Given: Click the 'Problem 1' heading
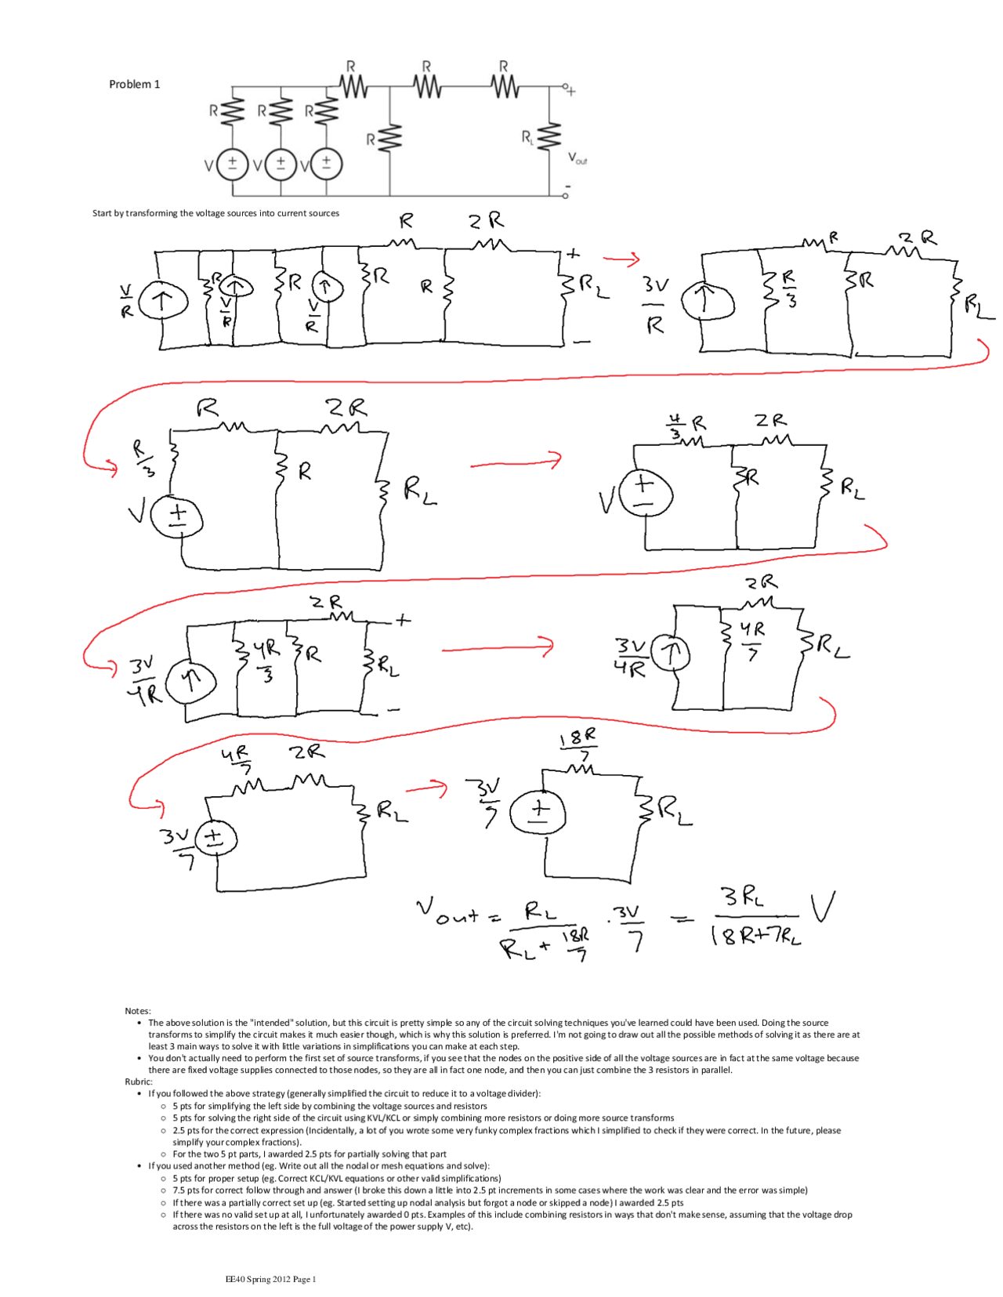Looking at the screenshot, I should tap(134, 85).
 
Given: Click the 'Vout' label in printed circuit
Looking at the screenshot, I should tap(578, 159).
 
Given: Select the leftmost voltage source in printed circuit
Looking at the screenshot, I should tap(232, 165).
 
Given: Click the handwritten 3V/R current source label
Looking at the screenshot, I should tap(655, 304).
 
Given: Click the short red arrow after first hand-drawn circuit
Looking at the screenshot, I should tap(622, 259).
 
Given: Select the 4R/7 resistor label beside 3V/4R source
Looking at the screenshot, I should tap(752, 639).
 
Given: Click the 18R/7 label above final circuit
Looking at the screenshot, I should tap(578, 745).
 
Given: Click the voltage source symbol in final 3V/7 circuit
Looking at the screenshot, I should tap(538, 812).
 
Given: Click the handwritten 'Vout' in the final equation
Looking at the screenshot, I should tap(447, 911).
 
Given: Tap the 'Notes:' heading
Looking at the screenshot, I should tap(138, 1011).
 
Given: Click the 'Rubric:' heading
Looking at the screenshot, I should tap(139, 1081).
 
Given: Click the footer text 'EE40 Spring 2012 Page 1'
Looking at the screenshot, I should tap(270, 1279).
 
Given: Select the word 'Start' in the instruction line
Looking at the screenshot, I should tap(102, 213).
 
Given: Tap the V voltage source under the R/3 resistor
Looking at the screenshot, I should tap(176, 519).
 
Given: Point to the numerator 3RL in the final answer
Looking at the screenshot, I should tap(743, 897).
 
